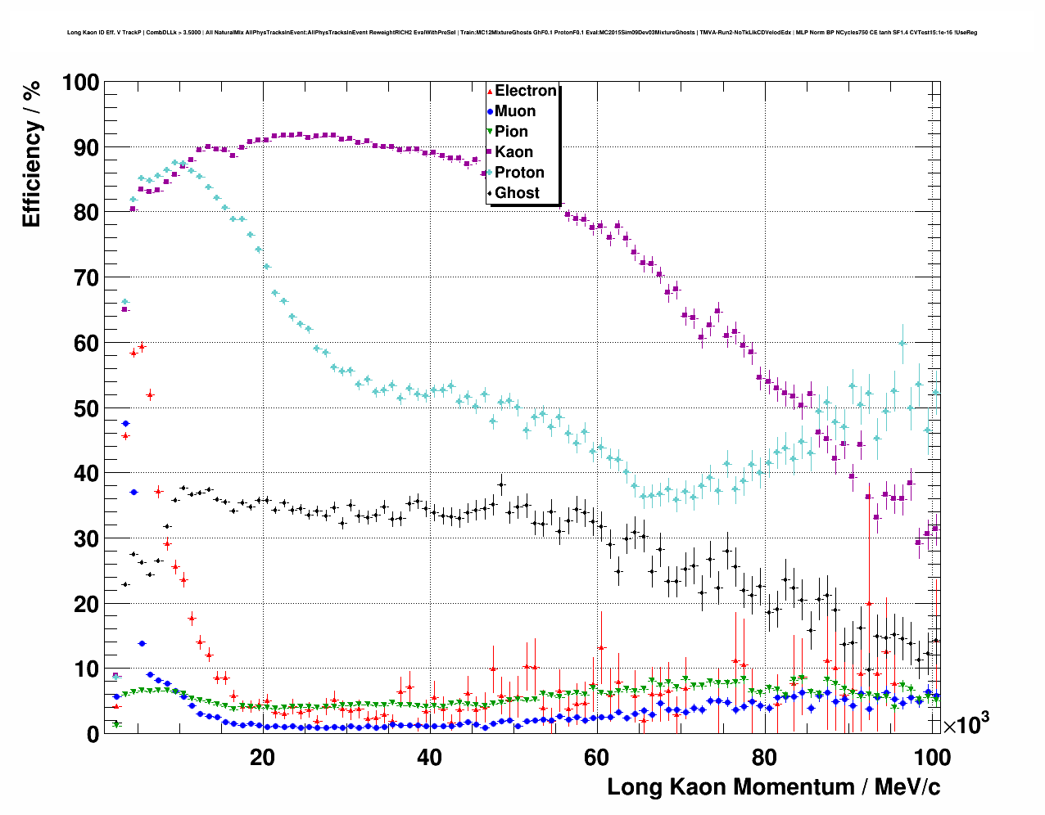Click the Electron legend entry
click(525, 91)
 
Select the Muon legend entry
click(515, 111)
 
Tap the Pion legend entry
click(511, 132)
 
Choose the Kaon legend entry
click(513, 152)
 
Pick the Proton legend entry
click(519, 173)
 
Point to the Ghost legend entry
click(517, 193)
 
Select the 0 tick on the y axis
click(92, 734)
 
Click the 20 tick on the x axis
click(262, 757)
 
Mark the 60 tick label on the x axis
click(597, 757)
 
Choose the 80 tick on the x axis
click(764, 757)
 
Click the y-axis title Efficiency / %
click(31, 155)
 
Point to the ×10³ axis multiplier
click(966, 724)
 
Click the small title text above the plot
click(522, 33)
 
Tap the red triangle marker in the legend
click(490, 91)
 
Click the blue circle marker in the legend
click(490, 111)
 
